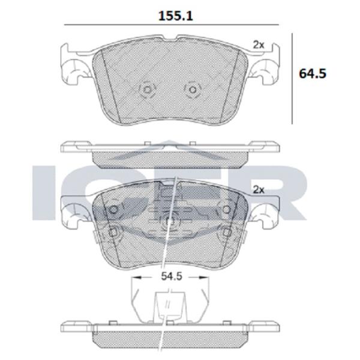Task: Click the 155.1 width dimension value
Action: point(176,16)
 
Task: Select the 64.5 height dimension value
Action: point(312,74)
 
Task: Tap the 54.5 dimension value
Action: point(171,277)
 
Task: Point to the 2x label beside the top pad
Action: point(259,45)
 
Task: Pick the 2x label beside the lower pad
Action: point(259,190)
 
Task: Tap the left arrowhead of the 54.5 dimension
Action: point(136,278)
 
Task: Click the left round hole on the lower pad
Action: point(113,209)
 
